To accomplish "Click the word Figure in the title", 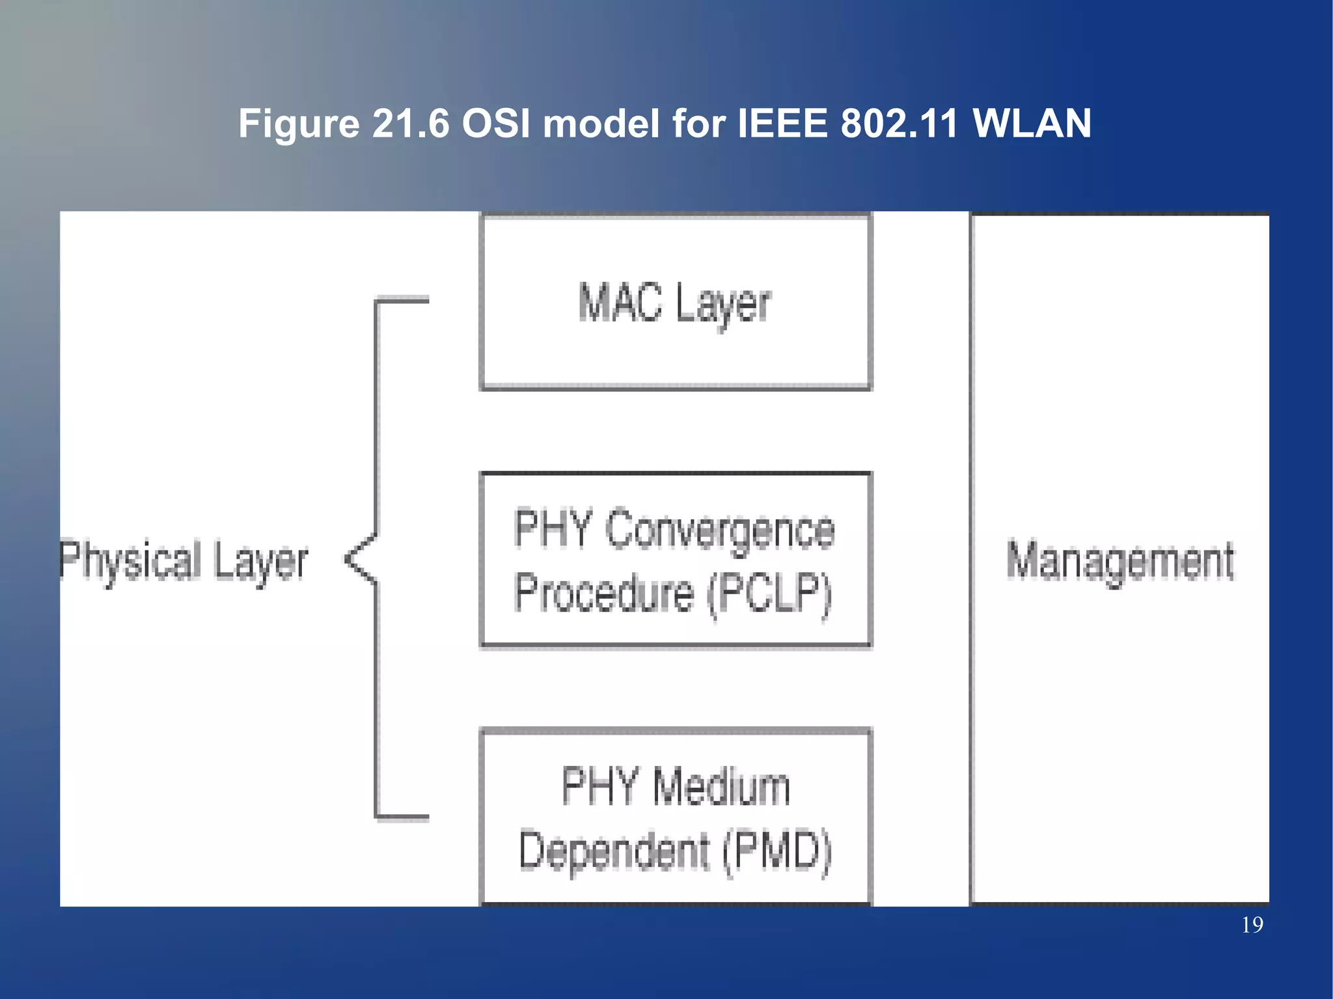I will point(299,124).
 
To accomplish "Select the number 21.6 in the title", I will point(411,123).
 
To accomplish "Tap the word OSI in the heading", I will point(496,123).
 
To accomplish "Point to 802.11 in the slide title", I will point(900,123).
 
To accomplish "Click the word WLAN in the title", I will point(1032,123).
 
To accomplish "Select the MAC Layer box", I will point(676,351).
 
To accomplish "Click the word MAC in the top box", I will point(620,303).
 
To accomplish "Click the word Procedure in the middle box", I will point(604,594).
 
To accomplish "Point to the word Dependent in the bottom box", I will point(614,851).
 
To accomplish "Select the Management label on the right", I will point(1120,561).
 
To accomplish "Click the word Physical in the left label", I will point(130,561).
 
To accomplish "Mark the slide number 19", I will point(1252,925).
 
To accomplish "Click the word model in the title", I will point(601,123).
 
